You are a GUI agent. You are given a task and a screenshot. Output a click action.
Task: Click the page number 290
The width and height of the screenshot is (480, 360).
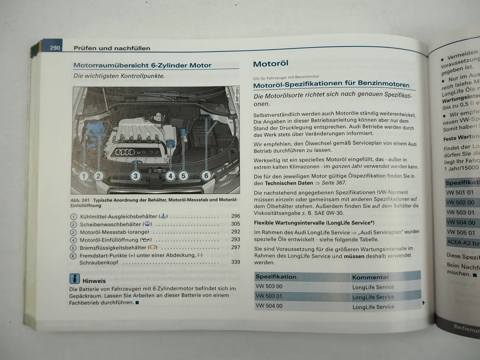point(55,48)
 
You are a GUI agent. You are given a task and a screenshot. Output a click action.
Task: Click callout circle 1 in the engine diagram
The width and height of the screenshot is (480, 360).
point(84,175)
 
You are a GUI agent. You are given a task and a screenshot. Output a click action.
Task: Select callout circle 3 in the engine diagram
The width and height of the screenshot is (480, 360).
point(135,175)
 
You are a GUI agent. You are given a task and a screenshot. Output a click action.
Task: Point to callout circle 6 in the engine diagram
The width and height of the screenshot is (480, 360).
point(206,175)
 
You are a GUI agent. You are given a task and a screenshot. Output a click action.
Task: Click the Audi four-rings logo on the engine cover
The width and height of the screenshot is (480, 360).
point(125,152)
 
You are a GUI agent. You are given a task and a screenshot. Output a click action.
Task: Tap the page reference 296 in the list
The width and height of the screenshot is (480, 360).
point(235,216)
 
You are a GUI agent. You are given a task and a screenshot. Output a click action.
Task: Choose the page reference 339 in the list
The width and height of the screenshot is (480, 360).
point(235,262)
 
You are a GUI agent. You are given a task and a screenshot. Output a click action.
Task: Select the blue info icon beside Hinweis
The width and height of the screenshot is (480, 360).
point(75,279)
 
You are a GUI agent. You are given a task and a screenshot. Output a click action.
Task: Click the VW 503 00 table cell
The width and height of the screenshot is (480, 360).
point(269,286)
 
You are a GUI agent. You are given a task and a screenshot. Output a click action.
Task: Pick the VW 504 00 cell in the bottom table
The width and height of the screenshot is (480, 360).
point(269,306)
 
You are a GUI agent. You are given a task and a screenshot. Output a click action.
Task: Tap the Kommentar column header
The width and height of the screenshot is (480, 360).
point(370,277)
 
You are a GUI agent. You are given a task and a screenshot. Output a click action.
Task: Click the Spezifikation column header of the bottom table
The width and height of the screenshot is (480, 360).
point(276,277)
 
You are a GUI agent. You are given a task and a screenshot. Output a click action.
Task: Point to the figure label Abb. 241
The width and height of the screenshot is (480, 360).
point(80,200)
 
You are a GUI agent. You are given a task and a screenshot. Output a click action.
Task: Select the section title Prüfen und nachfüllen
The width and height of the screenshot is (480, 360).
point(112,48)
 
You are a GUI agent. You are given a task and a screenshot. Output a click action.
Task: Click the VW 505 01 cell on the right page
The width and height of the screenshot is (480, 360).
point(461,232)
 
